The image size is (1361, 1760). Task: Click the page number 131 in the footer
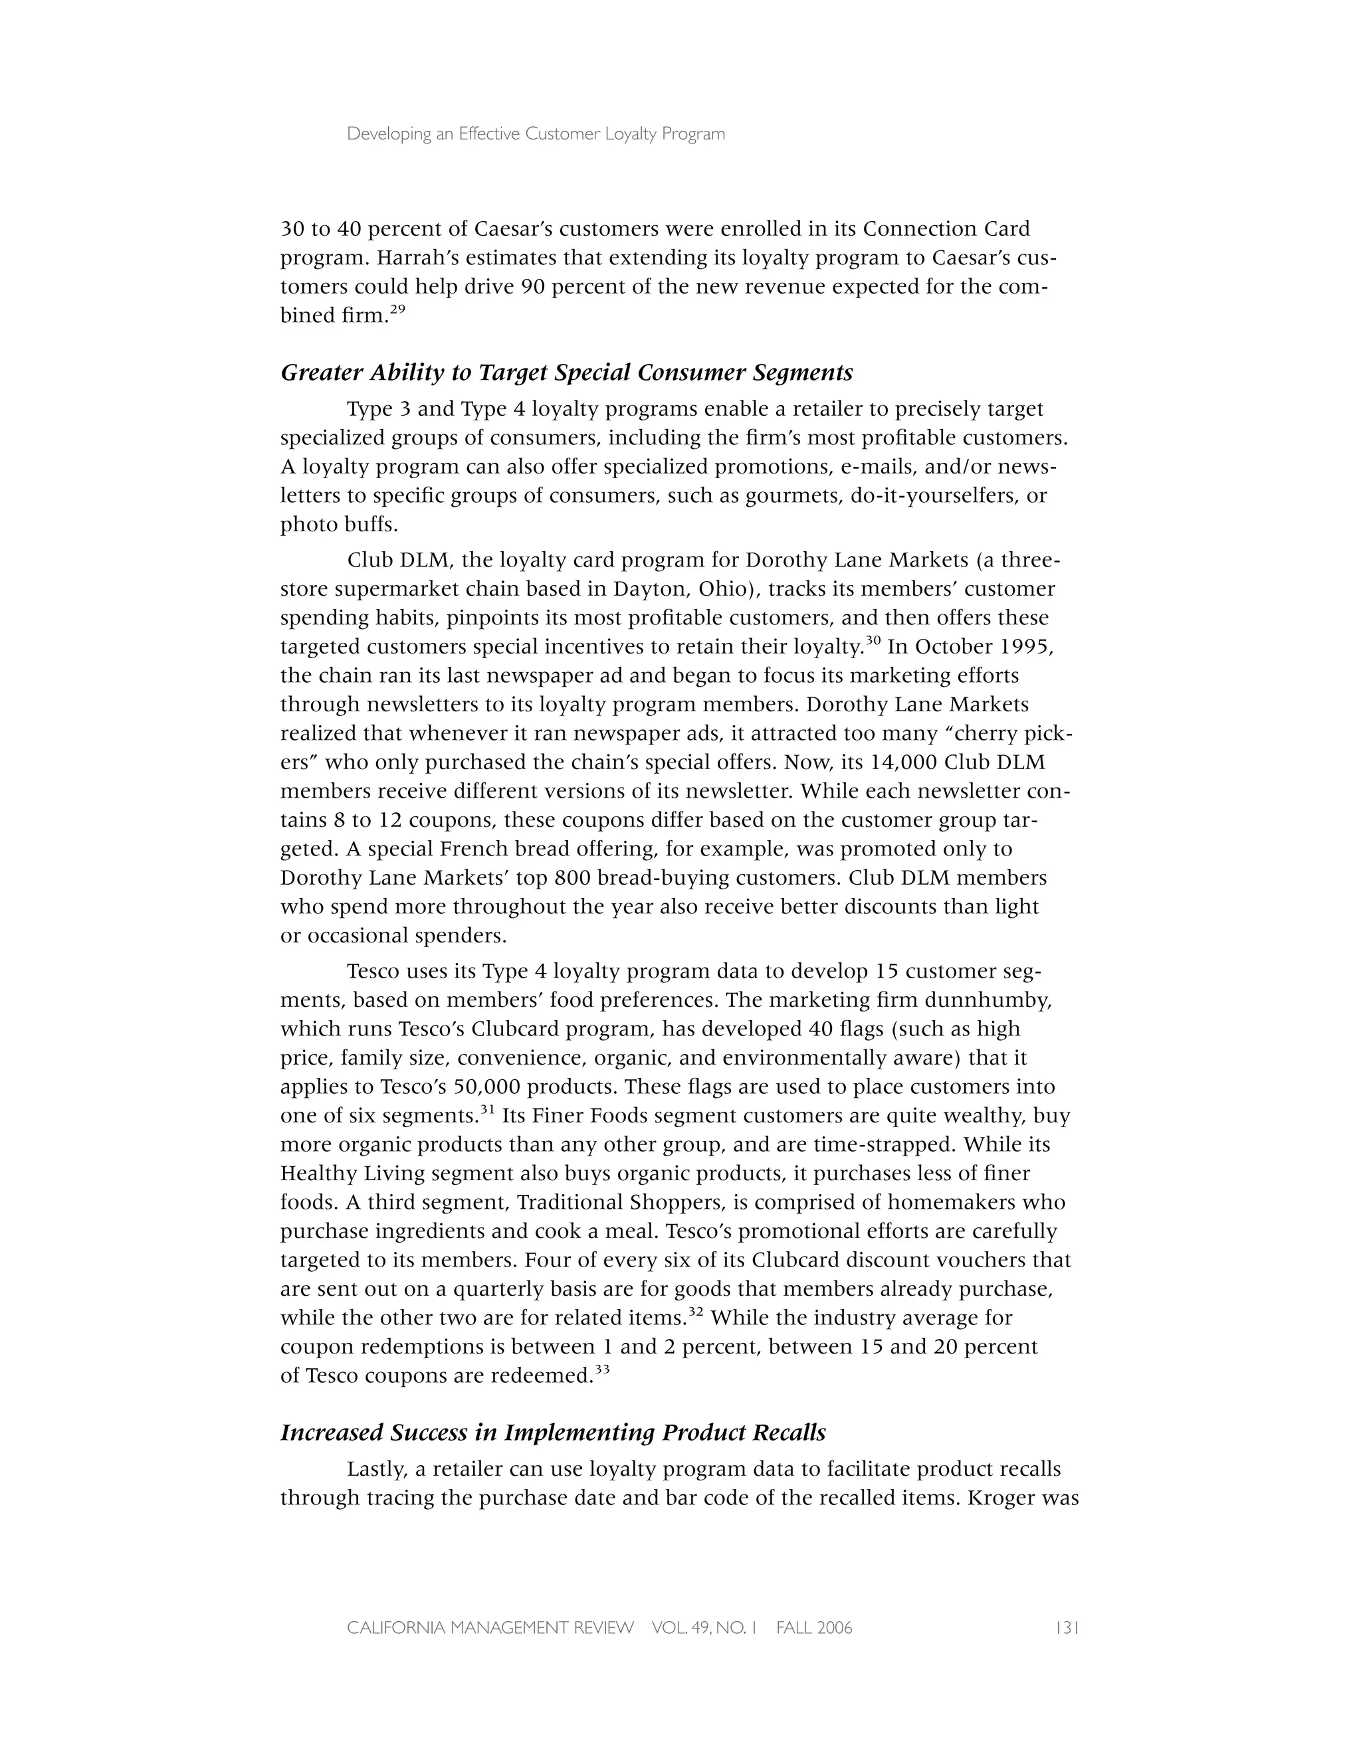[1067, 1628]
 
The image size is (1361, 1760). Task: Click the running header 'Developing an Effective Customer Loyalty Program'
[536, 135]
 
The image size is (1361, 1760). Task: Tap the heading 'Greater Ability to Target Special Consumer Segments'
[566, 373]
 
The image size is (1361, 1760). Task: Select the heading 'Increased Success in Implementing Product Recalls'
[553, 1433]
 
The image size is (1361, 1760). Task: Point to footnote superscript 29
[397, 309]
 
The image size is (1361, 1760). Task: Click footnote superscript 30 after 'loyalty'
[872, 641]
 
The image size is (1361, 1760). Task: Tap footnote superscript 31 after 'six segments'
[487, 1110]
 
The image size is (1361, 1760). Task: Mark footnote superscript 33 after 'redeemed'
[601, 1369]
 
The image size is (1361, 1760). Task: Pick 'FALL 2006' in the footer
[813, 1628]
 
